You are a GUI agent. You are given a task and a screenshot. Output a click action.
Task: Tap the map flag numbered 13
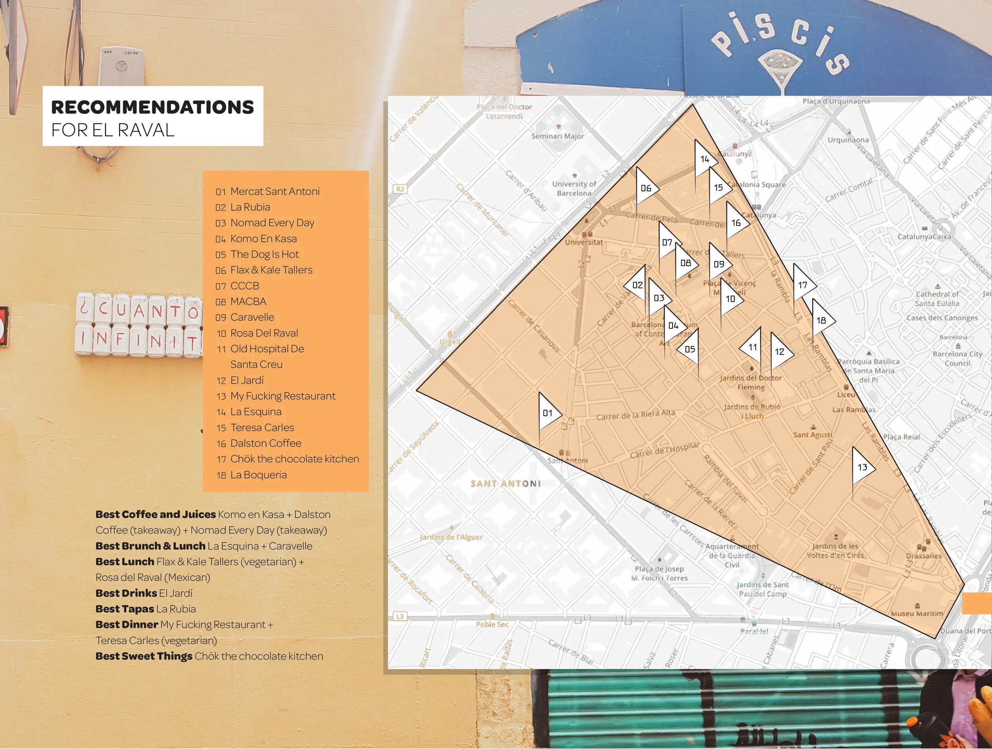pyautogui.click(x=861, y=467)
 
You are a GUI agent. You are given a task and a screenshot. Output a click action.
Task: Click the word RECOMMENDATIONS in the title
pyautogui.click(x=152, y=107)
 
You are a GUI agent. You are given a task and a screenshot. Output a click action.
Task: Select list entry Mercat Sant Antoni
pyautogui.click(x=275, y=191)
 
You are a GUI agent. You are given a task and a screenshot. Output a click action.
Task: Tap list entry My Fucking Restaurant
pyautogui.click(x=283, y=396)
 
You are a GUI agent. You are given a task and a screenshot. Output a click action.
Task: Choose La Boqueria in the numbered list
pyautogui.click(x=258, y=475)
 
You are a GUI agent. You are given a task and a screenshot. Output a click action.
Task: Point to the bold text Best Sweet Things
pyautogui.click(x=144, y=656)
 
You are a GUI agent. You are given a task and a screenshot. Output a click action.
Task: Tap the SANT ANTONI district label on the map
pyautogui.click(x=506, y=484)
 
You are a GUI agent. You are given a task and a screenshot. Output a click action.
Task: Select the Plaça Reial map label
pyautogui.click(x=901, y=436)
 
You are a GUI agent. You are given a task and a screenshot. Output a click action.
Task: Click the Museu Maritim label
pyautogui.click(x=917, y=614)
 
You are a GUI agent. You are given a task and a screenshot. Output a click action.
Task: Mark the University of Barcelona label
pyautogui.click(x=574, y=189)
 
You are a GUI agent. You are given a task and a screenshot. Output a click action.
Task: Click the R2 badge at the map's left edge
pyautogui.click(x=400, y=189)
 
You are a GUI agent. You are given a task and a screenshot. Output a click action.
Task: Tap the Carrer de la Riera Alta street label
pyautogui.click(x=635, y=415)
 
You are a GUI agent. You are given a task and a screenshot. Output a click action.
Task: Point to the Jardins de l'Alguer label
pyautogui.click(x=451, y=537)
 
